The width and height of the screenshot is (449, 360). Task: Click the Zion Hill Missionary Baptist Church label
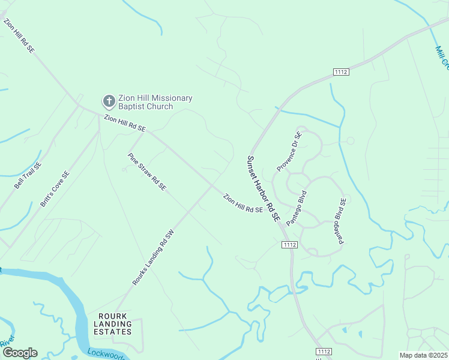(155, 102)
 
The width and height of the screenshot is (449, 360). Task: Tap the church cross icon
(109, 101)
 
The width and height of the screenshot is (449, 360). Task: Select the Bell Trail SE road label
(28, 176)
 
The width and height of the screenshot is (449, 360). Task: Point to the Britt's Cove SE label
(55, 190)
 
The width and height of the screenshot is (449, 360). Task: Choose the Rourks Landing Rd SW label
(153, 257)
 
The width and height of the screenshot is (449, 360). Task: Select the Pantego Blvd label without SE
(296, 208)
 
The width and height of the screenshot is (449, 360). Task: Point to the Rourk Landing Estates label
(112, 324)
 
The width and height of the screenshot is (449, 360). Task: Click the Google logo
(19, 353)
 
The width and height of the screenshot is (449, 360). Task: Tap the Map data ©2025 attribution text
(423, 355)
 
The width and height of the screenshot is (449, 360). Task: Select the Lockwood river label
(106, 354)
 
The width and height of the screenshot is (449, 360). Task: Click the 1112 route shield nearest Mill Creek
(341, 72)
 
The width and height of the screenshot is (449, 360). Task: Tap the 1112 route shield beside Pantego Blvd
(289, 244)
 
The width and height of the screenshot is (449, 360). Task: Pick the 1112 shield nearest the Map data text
(323, 351)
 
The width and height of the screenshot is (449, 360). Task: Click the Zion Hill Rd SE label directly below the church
(125, 124)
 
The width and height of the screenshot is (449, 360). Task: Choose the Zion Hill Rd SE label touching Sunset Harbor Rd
(243, 203)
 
